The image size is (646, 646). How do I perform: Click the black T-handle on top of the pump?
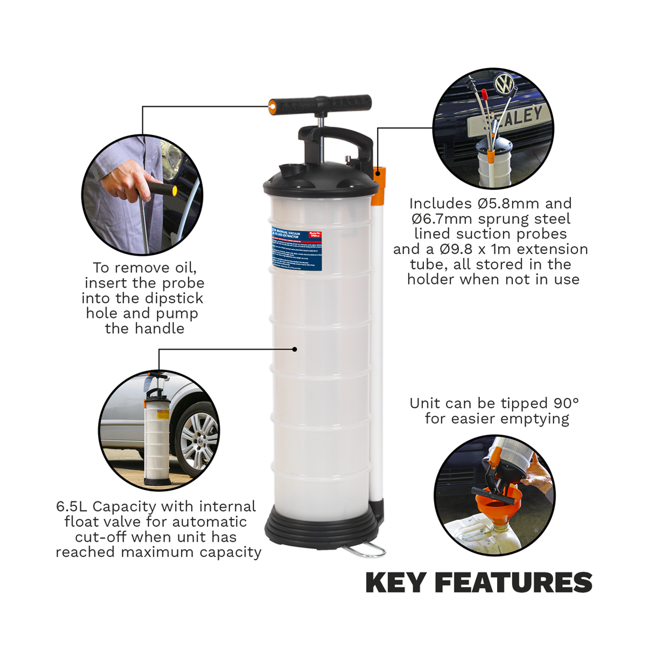(323, 105)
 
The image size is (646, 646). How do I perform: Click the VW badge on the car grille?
(504, 84)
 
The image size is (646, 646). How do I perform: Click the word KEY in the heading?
(396, 582)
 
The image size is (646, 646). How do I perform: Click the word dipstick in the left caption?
(173, 298)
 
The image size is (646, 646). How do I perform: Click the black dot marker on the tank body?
(295, 349)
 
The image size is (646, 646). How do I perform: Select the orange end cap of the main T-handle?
(272, 106)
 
